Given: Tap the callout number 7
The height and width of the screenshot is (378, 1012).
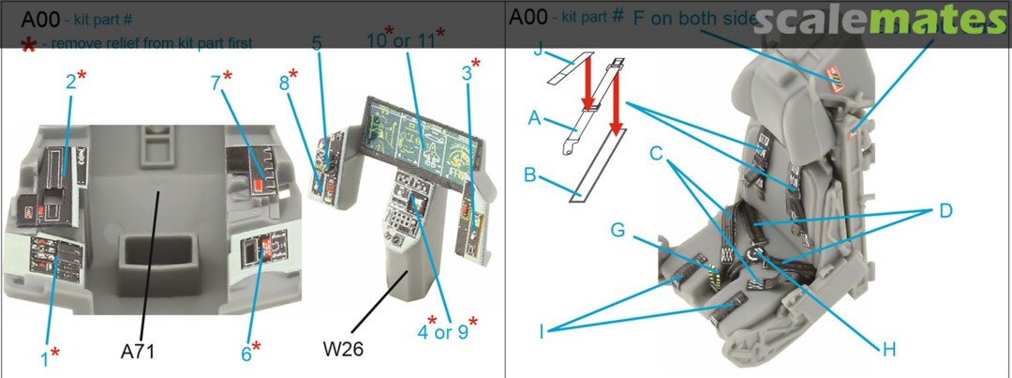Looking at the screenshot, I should pyautogui.click(x=216, y=83).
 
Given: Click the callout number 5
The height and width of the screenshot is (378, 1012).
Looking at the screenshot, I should pyautogui.click(x=317, y=44).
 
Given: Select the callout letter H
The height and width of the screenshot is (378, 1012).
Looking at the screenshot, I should pyautogui.click(x=889, y=350).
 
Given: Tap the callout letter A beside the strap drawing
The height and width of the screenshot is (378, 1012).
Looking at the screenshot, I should pyautogui.click(x=535, y=119).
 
